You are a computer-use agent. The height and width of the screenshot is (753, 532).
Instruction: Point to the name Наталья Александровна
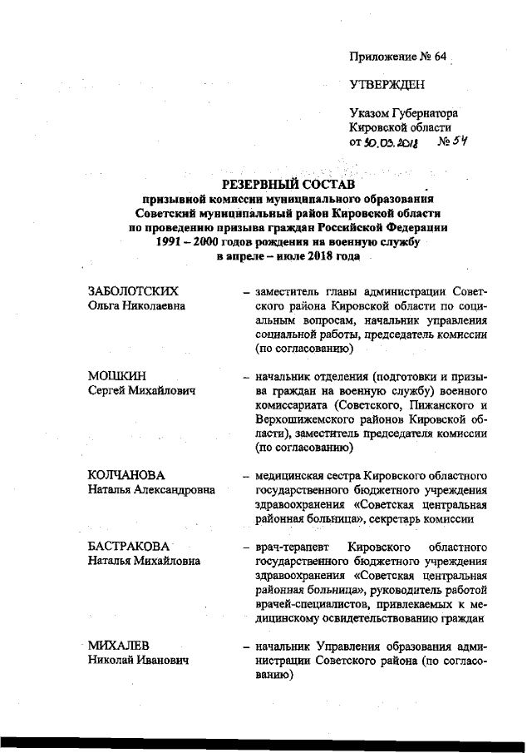coord(151,490)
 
